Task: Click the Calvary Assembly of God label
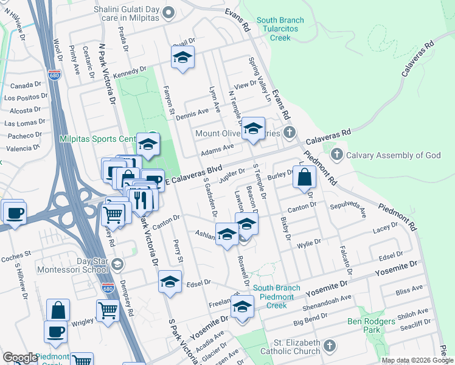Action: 393,155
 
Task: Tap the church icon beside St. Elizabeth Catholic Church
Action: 329,346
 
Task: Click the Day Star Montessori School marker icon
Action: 117,264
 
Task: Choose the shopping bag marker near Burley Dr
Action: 307,178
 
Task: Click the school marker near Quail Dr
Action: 182,58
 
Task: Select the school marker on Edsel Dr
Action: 170,282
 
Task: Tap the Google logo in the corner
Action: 20,358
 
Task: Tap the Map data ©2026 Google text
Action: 417,360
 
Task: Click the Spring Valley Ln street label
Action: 259,80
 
